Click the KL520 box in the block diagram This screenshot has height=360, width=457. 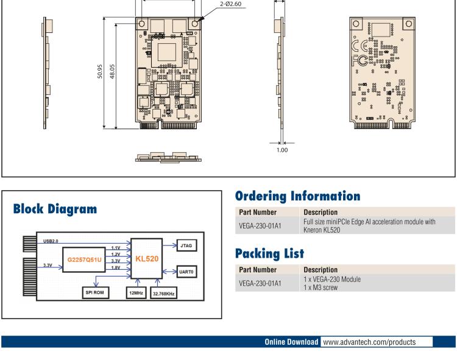click(x=147, y=259)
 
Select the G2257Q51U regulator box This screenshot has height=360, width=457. click(x=84, y=259)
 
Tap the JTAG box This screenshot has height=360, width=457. click(x=186, y=245)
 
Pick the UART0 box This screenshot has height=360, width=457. click(x=186, y=272)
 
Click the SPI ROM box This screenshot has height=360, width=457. click(x=95, y=292)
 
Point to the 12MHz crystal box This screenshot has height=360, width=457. click(x=136, y=293)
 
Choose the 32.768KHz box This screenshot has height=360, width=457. click(x=163, y=294)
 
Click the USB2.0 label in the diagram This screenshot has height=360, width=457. click(x=51, y=241)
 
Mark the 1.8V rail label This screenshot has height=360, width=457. click(x=116, y=267)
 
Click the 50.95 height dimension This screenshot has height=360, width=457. click(x=100, y=71)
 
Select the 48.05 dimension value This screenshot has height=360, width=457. click(x=112, y=71)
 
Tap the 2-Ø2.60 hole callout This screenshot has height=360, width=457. click(x=230, y=4)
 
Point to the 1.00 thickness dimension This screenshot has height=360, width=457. click(x=282, y=150)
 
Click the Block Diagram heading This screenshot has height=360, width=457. click(x=55, y=209)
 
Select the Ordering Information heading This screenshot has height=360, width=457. click(x=297, y=196)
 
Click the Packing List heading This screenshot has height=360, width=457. click(x=269, y=253)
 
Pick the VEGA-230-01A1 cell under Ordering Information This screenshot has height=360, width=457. click(x=260, y=226)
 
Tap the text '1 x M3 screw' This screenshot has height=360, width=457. click(x=321, y=288)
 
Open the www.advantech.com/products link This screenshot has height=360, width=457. click(x=369, y=342)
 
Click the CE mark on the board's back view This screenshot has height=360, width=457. click(x=360, y=46)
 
